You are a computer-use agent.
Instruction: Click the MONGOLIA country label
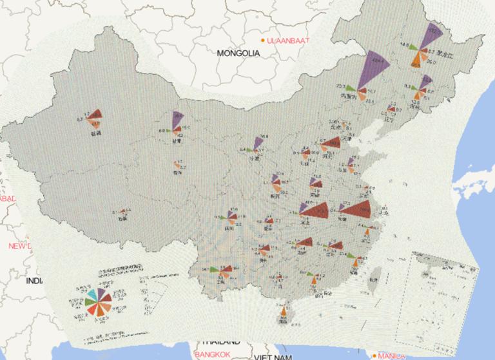click(x=238, y=53)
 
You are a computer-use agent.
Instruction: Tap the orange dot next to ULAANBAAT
click(x=263, y=41)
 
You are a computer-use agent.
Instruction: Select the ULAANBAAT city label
click(x=288, y=41)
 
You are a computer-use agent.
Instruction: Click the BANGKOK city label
click(x=212, y=355)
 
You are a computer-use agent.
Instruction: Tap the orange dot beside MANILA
click(x=374, y=355)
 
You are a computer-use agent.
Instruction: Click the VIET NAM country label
click(x=273, y=356)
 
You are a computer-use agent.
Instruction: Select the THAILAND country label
click(x=220, y=342)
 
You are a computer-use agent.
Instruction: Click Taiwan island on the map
click(x=373, y=277)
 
